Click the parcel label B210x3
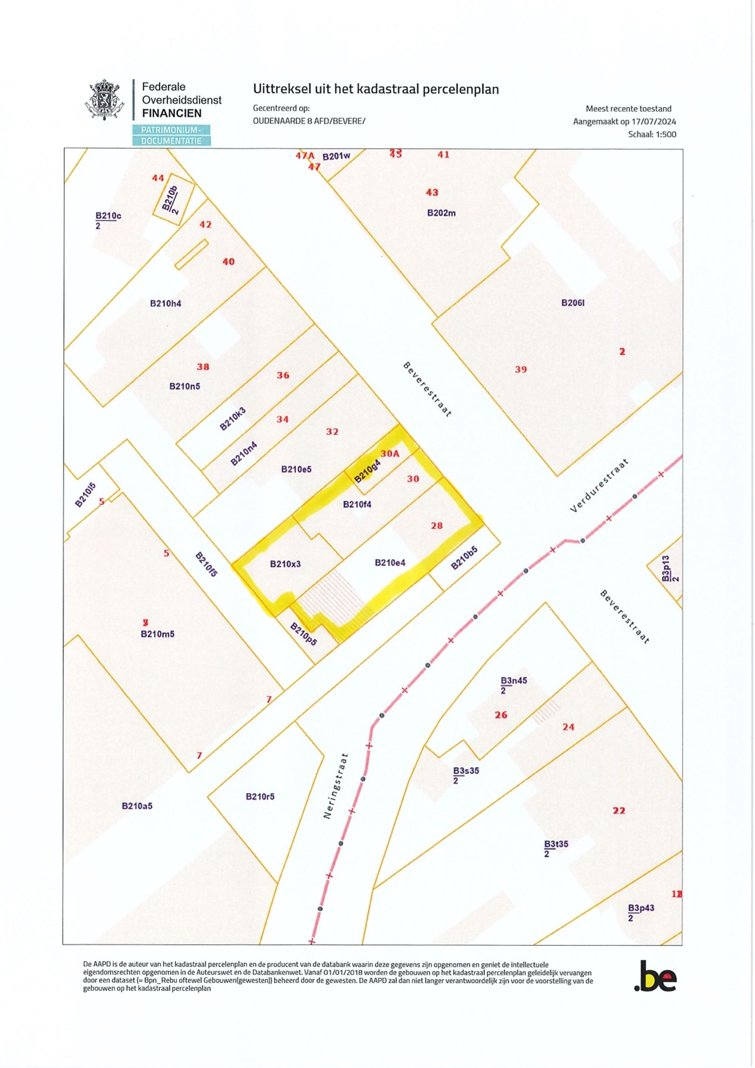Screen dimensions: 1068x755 [285, 564]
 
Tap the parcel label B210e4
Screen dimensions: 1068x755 [390, 563]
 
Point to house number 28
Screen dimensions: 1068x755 [437, 526]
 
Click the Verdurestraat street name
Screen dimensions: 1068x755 [599, 486]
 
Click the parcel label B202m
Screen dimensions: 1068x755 [441, 213]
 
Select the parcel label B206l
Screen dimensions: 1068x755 [573, 303]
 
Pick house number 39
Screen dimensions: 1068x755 [521, 369]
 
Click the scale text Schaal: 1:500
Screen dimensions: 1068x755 [652, 134]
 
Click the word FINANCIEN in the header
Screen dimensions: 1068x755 [172, 113]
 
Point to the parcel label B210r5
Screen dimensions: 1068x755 [260, 796]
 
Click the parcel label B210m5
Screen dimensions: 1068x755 [158, 634]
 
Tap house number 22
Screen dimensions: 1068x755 [618, 810]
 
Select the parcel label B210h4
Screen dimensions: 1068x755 [165, 303]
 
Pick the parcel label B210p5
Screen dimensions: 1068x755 [303, 634]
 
